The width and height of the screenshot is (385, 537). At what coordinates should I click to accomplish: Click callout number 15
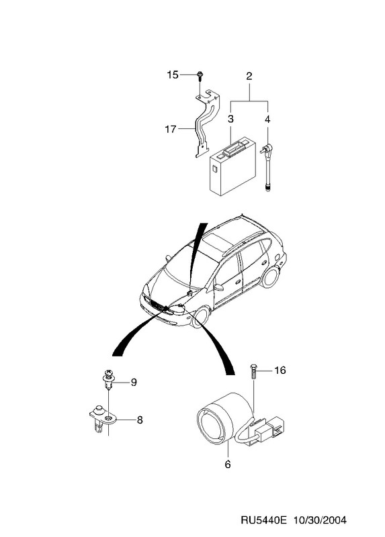173,75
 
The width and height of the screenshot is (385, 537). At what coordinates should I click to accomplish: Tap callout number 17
171,130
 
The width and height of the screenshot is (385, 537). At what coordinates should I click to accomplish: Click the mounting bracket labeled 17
207,124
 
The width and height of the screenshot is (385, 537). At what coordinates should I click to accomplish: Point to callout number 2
249,76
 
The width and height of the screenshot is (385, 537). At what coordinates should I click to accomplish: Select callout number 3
230,119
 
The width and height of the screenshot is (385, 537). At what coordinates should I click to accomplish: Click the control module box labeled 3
232,166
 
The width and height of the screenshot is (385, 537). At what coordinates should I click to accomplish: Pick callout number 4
267,119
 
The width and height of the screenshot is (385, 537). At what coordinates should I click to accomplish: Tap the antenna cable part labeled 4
267,168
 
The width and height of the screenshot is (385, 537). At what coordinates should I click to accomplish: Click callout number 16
280,371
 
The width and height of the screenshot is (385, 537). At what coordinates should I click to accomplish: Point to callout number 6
228,465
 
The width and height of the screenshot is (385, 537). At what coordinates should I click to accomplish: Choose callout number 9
133,382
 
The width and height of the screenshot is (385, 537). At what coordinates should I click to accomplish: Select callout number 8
140,420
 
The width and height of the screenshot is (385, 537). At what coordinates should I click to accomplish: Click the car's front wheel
200,317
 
